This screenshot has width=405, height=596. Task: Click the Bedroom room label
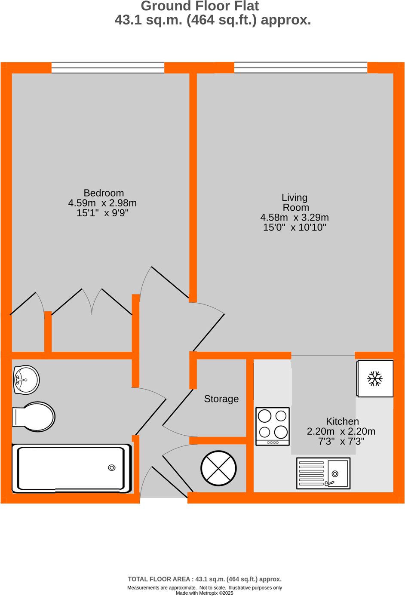(104, 193)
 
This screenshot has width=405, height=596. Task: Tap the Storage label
(221, 399)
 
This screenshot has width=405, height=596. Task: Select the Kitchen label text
(342, 421)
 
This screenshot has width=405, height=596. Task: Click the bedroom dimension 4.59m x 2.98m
(102, 203)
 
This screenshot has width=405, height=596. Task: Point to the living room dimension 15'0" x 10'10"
(295, 227)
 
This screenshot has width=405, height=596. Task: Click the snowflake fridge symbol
(375, 379)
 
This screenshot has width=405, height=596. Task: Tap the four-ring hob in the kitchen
(273, 426)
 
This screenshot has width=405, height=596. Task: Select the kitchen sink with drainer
(323, 473)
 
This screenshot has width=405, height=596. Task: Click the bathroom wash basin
(26, 380)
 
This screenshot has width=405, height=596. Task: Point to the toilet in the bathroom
(34, 416)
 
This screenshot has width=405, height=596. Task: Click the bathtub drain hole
(112, 467)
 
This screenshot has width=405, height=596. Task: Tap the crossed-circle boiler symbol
(218, 468)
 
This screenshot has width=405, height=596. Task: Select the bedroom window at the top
(107, 68)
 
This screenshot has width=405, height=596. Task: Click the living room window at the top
(301, 68)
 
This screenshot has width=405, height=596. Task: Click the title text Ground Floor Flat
(200, 6)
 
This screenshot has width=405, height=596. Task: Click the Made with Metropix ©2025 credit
(204, 593)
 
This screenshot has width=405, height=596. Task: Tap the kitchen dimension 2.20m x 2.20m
(341, 431)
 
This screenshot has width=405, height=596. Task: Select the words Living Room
(295, 203)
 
